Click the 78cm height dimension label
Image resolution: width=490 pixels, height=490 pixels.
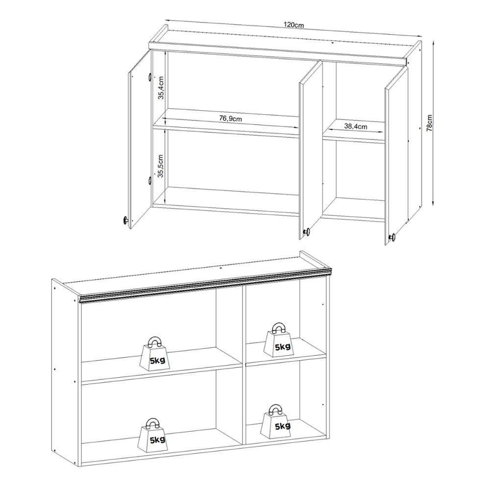coord(429,123)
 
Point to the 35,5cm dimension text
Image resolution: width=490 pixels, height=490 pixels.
coord(160,167)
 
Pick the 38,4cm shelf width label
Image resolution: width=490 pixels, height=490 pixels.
coord(355,126)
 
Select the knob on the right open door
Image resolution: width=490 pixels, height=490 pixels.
coord(392,238)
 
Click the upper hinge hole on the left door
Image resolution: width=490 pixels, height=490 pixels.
coord(148,77)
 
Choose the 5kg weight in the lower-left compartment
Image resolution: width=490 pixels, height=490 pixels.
coord(155,434)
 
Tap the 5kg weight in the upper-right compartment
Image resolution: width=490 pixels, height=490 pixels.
coord(278,341)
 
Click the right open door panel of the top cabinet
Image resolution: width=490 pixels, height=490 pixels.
coord(396,152)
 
